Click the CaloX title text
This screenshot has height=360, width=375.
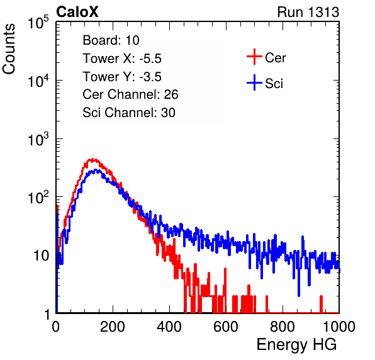[77, 12]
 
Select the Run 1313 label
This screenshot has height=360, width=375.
[308, 12]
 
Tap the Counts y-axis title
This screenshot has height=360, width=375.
[9, 49]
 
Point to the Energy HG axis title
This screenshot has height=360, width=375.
[296, 344]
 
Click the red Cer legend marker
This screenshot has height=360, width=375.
[254, 57]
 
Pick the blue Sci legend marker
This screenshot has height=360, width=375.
[254, 82]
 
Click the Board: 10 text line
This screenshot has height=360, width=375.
[111, 40]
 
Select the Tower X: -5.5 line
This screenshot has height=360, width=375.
[122, 59]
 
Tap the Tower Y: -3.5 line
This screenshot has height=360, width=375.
[122, 77]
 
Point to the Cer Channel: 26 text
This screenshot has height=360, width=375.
[130, 94]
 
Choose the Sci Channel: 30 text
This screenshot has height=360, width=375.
[129, 113]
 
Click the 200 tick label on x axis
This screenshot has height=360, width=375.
[113, 327]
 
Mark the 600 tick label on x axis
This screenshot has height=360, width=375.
[226, 327]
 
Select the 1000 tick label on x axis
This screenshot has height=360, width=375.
[339, 327]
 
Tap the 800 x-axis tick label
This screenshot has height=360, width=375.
[283, 327]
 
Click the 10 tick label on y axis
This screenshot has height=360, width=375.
[41, 256]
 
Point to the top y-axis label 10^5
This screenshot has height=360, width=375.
[38, 22]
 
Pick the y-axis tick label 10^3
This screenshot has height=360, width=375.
[38, 138]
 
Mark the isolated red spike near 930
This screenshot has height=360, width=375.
[321, 304]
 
